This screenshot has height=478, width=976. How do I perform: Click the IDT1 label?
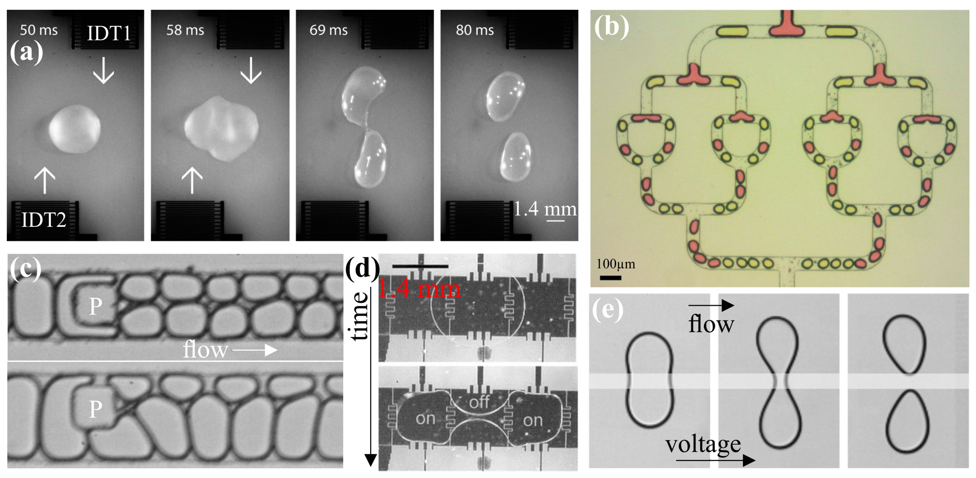pos(109,33)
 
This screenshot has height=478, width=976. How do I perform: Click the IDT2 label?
pos(44,219)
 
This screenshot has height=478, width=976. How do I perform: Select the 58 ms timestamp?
pos(185,30)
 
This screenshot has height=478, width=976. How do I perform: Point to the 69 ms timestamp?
pos(329,30)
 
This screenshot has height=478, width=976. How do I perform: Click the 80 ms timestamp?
pos(475,30)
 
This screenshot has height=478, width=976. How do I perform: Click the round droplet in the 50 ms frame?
pos(75,129)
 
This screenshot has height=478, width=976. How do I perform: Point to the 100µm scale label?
pos(616,264)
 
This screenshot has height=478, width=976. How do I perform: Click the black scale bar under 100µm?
pos(610,278)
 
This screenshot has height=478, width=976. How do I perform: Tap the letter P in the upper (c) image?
pos(95,306)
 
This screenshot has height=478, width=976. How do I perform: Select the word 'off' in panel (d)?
pos(479,402)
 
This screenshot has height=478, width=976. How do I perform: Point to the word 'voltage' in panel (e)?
pos(703,444)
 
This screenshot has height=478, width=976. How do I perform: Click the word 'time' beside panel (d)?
pos(359,316)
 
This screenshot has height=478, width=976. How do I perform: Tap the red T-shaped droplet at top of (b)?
pos(787,26)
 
